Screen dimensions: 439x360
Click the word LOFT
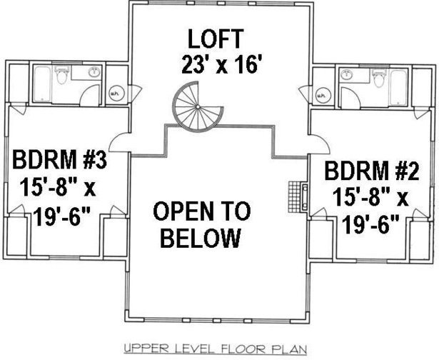(x=215, y=39)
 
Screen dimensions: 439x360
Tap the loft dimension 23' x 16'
(x=220, y=64)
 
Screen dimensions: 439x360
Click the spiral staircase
(x=198, y=106)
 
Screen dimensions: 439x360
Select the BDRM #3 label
(x=59, y=159)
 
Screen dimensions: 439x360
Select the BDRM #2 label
(x=372, y=171)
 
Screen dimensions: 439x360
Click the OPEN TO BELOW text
(x=201, y=224)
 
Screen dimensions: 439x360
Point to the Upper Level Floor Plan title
(x=216, y=349)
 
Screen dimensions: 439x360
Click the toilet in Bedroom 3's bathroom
(x=61, y=75)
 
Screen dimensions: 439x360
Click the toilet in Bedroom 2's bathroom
(x=379, y=78)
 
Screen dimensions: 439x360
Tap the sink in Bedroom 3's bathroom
(x=94, y=72)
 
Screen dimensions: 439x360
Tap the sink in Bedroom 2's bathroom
(x=347, y=75)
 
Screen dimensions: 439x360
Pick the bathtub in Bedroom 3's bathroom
(x=42, y=84)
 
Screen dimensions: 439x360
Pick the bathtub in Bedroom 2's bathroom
(x=398, y=87)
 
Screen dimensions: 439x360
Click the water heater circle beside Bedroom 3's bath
(x=114, y=94)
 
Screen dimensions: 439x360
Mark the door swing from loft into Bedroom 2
(x=318, y=144)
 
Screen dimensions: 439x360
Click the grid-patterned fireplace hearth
(x=294, y=197)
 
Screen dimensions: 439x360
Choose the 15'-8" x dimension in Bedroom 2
(x=370, y=196)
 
